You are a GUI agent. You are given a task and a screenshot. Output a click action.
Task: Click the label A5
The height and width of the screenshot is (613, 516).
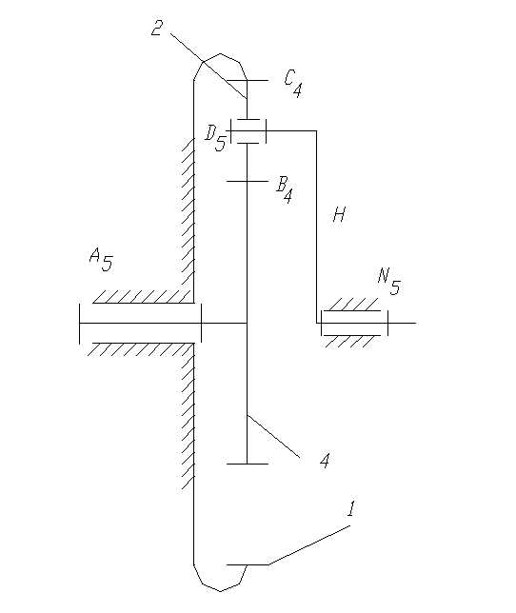[101, 261]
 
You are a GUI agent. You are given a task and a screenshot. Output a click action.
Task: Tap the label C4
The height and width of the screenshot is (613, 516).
[293, 84]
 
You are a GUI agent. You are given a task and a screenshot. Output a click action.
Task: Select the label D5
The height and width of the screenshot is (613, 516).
[215, 138]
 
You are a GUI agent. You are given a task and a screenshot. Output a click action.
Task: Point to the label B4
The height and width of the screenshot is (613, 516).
[285, 189]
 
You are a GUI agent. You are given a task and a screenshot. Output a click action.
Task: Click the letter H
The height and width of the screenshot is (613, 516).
[339, 214]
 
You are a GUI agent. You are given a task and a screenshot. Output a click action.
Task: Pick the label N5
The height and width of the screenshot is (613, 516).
[389, 282]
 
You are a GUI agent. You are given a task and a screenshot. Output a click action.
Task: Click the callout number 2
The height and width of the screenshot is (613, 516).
[157, 28]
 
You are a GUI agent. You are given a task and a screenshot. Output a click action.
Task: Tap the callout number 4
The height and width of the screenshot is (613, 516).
[325, 461]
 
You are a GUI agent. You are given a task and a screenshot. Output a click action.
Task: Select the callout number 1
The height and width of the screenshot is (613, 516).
[351, 508]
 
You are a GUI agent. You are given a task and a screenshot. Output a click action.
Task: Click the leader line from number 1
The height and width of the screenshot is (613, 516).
[308, 545]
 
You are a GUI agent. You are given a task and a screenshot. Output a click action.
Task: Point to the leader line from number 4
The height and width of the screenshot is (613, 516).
[273, 436]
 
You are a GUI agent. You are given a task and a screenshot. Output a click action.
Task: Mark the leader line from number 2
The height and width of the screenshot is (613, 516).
[208, 66]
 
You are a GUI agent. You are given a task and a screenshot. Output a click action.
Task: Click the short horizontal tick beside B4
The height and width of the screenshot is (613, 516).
[248, 181]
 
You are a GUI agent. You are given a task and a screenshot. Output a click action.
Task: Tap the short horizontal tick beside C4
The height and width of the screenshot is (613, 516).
[248, 80]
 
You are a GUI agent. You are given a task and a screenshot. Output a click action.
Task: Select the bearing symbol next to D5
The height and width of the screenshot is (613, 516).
[248, 131]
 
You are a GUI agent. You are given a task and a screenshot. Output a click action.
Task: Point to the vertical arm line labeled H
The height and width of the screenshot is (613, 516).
[316, 227]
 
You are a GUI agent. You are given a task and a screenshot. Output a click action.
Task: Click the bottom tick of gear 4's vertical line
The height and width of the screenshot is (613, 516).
[248, 464]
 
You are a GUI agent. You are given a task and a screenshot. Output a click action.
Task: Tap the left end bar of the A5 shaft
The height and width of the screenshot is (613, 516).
[80, 324]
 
